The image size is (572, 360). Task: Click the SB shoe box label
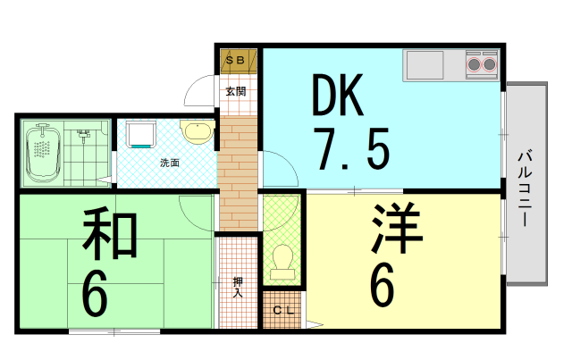pyautogui.click(x=239, y=60)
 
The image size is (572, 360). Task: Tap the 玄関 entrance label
pyautogui.click(x=236, y=90)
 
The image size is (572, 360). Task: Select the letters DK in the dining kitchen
pyautogui.click(x=338, y=96)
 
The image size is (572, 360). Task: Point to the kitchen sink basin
pyautogui.click(x=424, y=64)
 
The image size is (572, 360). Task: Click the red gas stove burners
pyautogui.click(x=482, y=63)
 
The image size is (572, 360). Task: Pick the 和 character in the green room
pyautogui.click(x=110, y=235)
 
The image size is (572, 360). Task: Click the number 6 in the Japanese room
pyautogui.click(x=95, y=293)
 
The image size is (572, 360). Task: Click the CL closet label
pyautogui.click(x=282, y=310)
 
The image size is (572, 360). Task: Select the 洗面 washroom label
pyautogui.click(x=169, y=163)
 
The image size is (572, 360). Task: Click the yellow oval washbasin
pyautogui.click(x=196, y=133)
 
